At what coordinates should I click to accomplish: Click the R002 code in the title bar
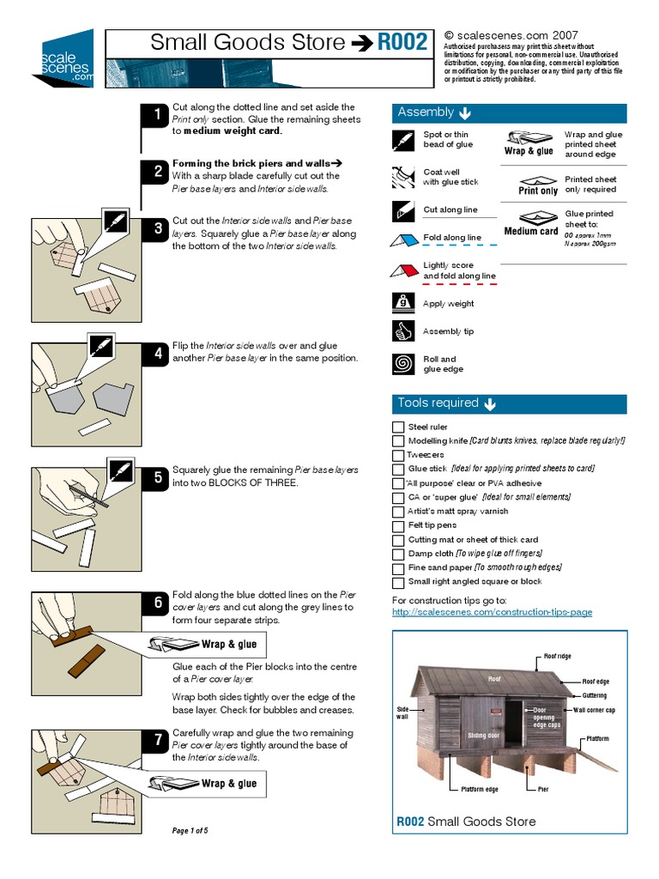coord(402,43)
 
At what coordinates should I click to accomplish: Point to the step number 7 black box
coord(157,741)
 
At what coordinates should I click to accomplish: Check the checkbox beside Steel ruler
coord(398,427)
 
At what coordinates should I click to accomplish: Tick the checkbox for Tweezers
coord(398,455)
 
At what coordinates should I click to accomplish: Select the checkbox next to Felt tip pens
coord(398,525)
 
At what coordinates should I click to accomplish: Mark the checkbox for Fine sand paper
coord(398,567)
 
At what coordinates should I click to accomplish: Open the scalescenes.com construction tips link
coord(492,612)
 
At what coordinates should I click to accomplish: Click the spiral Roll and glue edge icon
coord(403,364)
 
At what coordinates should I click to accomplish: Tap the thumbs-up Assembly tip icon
coord(403,331)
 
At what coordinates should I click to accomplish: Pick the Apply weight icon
coord(403,303)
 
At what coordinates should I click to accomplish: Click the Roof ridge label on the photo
coord(557,656)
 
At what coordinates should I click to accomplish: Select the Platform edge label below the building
coord(480,789)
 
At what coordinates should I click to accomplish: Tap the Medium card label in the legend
coord(531,231)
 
